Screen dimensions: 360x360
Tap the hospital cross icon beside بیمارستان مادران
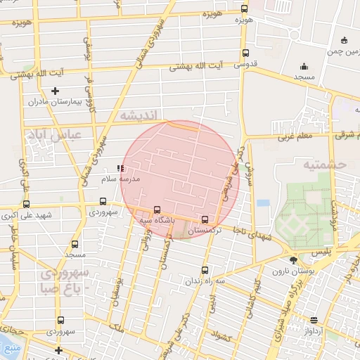coord(56,91)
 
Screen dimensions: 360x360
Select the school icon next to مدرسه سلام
coord(120,169)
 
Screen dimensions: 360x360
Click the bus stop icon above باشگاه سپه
coord(156,209)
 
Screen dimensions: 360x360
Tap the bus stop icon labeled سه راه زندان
coord(205,270)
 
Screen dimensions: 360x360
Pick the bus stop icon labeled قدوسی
coord(245,53)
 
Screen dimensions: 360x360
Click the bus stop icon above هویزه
coord(244,9)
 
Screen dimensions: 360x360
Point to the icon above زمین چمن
coord(344,39)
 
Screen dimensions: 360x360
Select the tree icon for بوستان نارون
coord(293,260)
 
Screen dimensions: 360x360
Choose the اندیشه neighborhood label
coord(141,114)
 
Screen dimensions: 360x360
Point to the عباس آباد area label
coord(53,134)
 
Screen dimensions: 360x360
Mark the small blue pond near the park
coord(263,203)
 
